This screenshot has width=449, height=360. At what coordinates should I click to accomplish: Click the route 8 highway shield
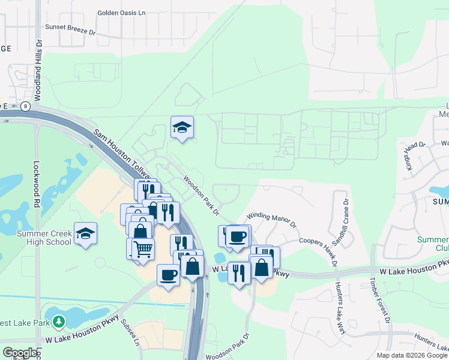pyautogui.click(x=25, y=106)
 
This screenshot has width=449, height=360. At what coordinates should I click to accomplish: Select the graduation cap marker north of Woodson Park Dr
pyautogui.click(x=182, y=127)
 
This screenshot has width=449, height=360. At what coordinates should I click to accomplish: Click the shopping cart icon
pyautogui.click(x=143, y=249)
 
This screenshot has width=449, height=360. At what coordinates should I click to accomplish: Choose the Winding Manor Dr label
pyautogui.click(x=272, y=220)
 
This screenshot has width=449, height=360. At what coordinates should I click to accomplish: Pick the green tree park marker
pyautogui.click(x=58, y=322)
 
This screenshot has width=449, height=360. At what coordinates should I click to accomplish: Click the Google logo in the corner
pyautogui.click(x=20, y=353)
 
